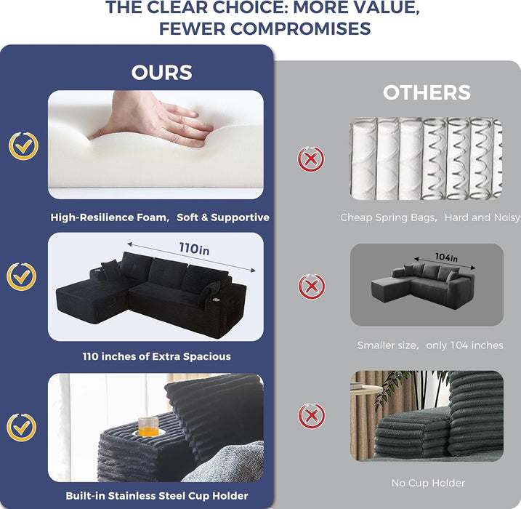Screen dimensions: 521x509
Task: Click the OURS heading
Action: tap(162, 73)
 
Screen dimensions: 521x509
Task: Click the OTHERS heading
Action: tap(427, 92)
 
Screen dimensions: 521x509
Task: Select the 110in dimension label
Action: tap(195, 249)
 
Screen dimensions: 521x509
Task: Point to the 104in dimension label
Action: tap(447, 257)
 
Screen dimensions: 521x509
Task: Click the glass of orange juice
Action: tap(148, 427)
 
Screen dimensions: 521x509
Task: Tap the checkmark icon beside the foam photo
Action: tap(23, 146)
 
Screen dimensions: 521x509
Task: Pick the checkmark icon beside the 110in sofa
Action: tap(22, 276)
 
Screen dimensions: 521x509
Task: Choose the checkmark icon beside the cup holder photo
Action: tap(22, 428)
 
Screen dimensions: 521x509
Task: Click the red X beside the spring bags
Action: tap(311, 159)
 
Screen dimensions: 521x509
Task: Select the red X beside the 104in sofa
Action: tap(311, 286)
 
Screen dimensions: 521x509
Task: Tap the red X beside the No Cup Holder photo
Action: tap(311, 416)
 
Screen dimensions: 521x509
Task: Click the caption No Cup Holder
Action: tap(428, 483)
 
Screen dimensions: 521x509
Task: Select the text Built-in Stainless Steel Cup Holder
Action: tap(157, 496)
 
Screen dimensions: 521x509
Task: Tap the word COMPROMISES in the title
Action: tap(301, 28)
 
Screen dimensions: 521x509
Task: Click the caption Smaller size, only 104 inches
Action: tap(430, 345)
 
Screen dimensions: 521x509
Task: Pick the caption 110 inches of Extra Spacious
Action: tap(156, 356)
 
